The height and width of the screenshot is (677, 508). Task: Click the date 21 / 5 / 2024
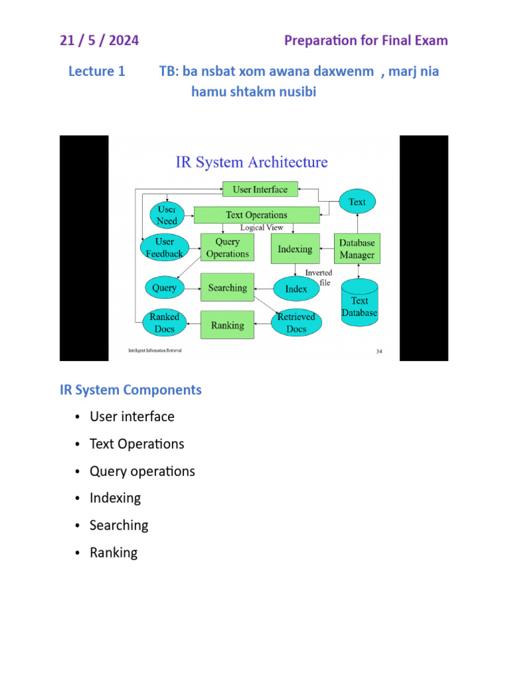click(x=99, y=40)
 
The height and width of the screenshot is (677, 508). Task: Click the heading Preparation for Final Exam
click(x=366, y=40)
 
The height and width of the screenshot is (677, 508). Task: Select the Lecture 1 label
click(x=97, y=71)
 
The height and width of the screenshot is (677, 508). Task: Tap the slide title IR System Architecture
click(x=251, y=162)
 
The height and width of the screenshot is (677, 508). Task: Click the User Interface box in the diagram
click(x=260, y=189)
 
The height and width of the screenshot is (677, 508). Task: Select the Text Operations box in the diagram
click(x=257, y=215)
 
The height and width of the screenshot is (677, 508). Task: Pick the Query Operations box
click(x=227, y=248)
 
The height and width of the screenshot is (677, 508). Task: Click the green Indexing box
click(x=295, y=249)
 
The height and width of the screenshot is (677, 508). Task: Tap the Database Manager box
click(x=357, y=249)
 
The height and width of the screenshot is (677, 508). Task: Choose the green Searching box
click(x=227, y=288)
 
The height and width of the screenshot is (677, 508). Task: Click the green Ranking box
click(x=227, y=325)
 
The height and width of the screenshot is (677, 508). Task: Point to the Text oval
click(x=357, y=202)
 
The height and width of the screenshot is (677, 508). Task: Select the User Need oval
click(x=167, y=215)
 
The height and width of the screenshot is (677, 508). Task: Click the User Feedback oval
click(x=164, y=248)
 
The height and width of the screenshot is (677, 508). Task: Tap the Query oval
click(x=164, y=288)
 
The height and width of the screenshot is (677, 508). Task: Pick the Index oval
click(x=296, y=289)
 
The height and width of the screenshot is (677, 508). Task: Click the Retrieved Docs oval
click(x=296, y=323)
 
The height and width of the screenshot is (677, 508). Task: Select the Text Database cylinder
click(x=359, y=303)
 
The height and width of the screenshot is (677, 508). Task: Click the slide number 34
click(x=379, y=352)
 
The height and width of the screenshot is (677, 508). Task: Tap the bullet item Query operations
click(x=142, y=471)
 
